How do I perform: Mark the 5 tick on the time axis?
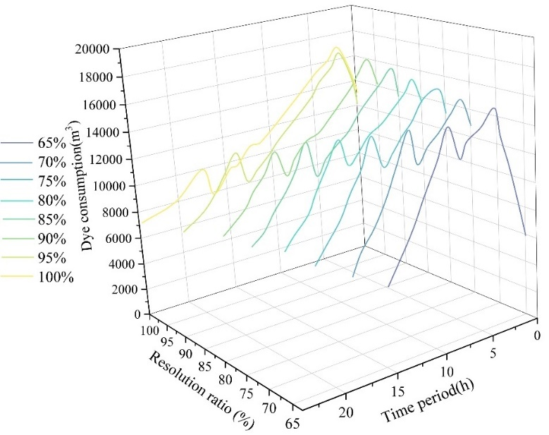coord(492,351)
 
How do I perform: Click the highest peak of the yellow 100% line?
coord(337,48)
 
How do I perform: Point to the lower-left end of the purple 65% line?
coord(388,287)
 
